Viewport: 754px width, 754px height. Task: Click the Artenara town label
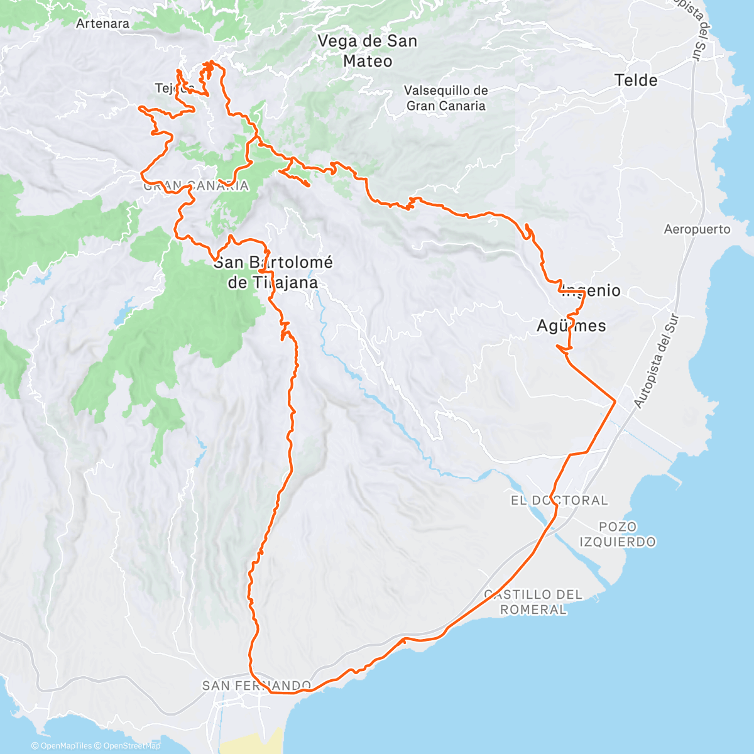click(x=102, y=24)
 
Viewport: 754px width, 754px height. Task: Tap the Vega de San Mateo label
click(x=368, y=51)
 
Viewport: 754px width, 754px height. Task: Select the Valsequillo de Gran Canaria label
click(x=445, y=98)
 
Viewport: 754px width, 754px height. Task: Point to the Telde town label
click(x=636, y=80)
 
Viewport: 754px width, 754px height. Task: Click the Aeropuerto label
click(x=697, y=229)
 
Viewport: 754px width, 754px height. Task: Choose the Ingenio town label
click(x=591, y=291)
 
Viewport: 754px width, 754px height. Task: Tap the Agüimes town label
click(x=571, y=325)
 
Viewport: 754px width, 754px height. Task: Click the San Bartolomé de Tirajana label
click(x=273, y=272)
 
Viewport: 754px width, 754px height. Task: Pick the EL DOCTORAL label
click(x=559, y=500)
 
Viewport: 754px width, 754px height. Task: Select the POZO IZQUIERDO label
click(x=617, y=534)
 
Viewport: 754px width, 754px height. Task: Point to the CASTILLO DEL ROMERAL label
click(x=533, y=601)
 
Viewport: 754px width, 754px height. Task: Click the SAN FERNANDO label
click(x=256, y=686)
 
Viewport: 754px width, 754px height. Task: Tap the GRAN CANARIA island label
click(x=195, y=186)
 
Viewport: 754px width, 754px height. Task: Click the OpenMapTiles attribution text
click(x=65, y=746)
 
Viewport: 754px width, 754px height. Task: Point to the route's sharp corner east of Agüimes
click(x=615, y=400)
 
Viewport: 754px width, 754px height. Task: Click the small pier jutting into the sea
click(x=677, y=483)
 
